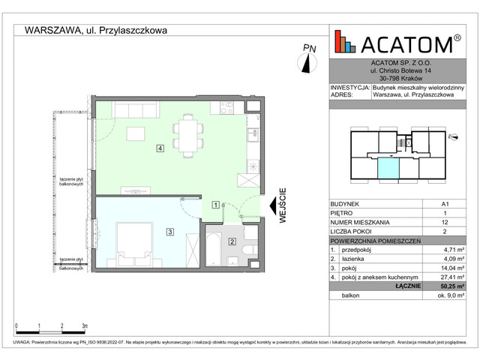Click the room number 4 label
click(160, 148)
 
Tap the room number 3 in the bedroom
click(170, 232)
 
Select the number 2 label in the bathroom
click(232, 241)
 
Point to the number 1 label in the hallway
click(216, 204)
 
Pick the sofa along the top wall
click(134, 110)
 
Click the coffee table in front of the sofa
click(135, 134)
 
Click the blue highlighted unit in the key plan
click(388, 169)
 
